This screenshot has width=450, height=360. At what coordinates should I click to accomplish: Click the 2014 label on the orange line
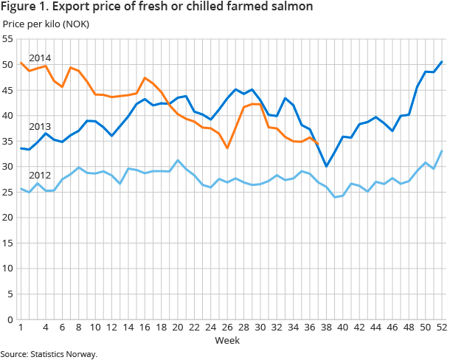point(39,58)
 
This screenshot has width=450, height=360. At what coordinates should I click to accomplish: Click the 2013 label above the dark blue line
point(39,126)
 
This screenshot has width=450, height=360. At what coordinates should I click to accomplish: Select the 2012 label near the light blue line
point(39,176)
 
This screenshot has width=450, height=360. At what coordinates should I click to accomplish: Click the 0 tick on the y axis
point(10,319)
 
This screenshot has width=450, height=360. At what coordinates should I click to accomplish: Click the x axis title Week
point(226,341)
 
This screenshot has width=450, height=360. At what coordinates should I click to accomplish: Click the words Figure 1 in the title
point(22,7)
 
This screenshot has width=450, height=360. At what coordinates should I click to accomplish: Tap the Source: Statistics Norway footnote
point(49,354)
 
